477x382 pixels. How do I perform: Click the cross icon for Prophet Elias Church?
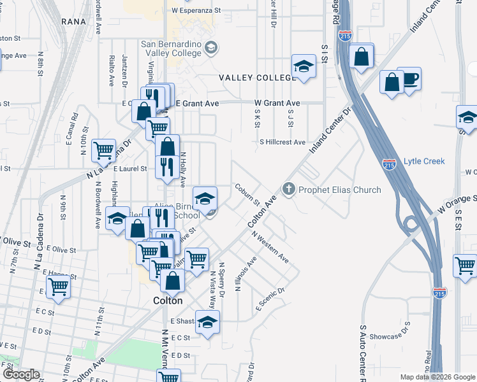(288, 189)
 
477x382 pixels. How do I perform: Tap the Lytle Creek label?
(424, 162)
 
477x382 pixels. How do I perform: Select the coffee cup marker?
(409, 79)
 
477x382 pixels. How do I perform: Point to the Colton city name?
(167, 301)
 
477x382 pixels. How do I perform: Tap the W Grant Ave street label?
(277, 103)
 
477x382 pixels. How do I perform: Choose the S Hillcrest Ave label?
(282, 143)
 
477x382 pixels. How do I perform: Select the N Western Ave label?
(270, 248)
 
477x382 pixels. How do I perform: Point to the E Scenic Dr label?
(269, 298)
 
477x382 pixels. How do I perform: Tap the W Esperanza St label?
(196, 11)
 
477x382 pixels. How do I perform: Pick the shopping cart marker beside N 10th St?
(104, 151)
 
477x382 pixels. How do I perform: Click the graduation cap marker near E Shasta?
(207, 322)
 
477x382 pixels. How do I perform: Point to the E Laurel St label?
(130, 169)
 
